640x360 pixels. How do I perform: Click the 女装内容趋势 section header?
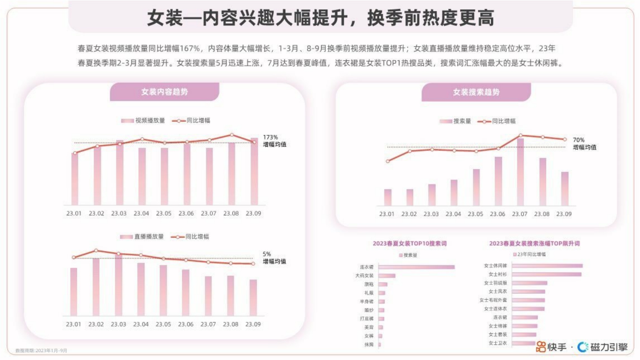(x=164, y=92)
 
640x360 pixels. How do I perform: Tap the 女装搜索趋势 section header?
(x=476, y=92)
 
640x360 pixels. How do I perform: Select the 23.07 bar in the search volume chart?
(x=520, y=172)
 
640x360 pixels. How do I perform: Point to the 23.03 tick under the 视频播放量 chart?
(x=119, y=213)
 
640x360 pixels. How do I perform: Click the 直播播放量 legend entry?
(x=142, y=237)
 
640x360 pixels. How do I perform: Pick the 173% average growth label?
(x=274, y=141)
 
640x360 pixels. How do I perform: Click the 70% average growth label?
(x=584, y=144)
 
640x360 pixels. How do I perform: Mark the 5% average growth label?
(x=274, y=257)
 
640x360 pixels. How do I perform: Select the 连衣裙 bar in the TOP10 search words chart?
(x=416, y=267)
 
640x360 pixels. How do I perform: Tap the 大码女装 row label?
(x=364, y=276)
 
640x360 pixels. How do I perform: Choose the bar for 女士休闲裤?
(x=547, y=266)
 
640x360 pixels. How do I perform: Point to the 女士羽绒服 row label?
(x=495, y=283)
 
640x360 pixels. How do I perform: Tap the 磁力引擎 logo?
(x=603, y=347)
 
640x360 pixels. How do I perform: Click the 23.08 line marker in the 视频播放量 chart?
(x=232, y=135)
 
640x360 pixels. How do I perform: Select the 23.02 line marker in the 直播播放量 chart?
(x=96, y=251)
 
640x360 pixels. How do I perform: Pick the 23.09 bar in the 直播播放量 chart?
(x=253, y=298)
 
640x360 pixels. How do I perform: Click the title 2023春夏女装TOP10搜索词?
(x=410, y=243)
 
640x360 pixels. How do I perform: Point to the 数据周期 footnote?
(x=41, y=351)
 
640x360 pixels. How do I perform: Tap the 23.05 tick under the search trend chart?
(x=475, y=214)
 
